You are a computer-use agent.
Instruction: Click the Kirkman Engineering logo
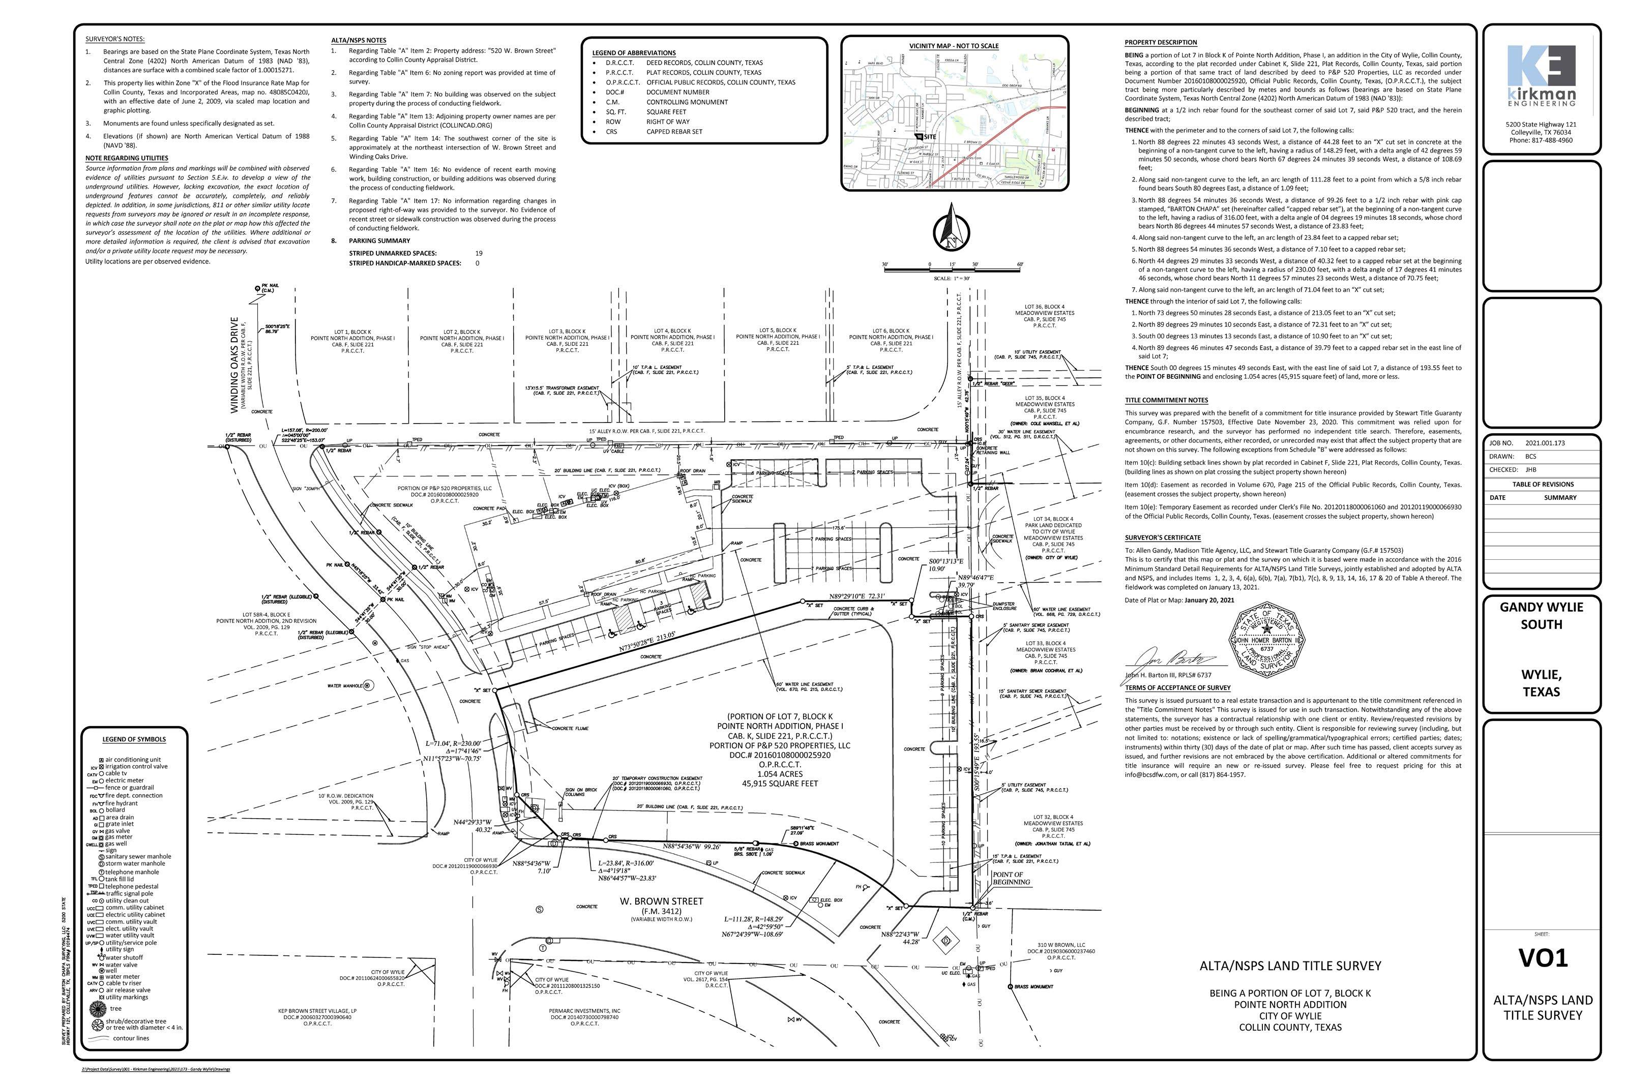click(x=1542, y=75)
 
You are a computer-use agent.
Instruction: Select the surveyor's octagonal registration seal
click(x=1266, y=640)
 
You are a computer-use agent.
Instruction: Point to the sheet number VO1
click(x=1543, y=958)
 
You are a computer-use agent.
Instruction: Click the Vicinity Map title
click(x=954, y=46)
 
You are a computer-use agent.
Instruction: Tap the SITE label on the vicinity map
click(x=929, y=137)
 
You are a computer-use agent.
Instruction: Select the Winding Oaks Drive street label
click(x=235, y=366)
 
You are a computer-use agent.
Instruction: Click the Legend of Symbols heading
click(x=134, y=739)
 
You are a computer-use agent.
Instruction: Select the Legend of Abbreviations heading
click(x=634, y=52)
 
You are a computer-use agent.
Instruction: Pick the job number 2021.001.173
click(x=1545, y=443)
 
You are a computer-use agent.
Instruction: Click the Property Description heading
click(x=1161, y=42)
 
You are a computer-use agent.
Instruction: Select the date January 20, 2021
click(x=1209, y=600)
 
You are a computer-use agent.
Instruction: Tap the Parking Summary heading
click(x=379, y=241)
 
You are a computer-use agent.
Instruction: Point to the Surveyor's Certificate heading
click(x=1163, y=537)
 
